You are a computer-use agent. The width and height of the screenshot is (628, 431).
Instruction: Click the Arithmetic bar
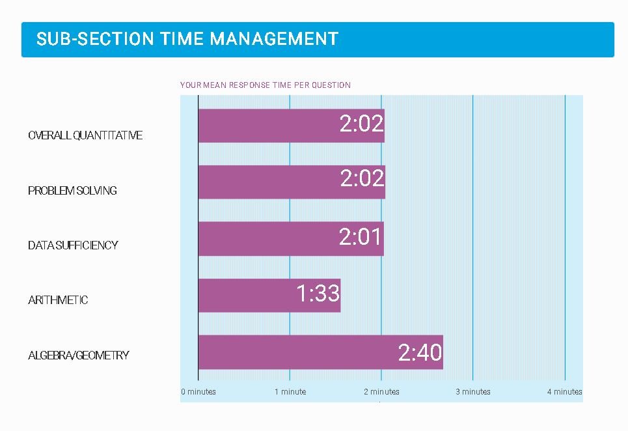(x=269, y=295)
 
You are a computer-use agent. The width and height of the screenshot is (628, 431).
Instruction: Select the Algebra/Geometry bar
(x=321, y=352)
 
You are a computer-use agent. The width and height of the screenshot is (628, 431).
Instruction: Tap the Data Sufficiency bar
(x=291, y=239)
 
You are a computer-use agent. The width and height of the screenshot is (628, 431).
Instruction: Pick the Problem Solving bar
(x=292, y=182)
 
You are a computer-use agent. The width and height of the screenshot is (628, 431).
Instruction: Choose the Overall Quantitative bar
(x=292, y=126)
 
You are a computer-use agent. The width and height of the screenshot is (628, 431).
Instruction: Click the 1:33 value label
(x=318, y=293)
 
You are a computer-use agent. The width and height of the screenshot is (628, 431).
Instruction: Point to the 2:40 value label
(x=420, y=352)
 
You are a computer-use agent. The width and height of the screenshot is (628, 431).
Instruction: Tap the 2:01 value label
(x=360, y=236)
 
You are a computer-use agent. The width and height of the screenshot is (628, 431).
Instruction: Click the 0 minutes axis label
(x=198, y=392)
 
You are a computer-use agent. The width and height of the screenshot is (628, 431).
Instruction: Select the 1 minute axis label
(x=290, y=392)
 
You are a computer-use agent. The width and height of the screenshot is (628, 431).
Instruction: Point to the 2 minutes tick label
(x=382, y=392)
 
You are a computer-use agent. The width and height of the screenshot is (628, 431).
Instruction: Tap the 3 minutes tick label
(x=473, y=392)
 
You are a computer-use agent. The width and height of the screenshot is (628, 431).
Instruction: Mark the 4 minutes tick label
(x=565, y=392)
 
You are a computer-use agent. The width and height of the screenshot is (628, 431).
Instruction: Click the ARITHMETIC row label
(x=58, y=300)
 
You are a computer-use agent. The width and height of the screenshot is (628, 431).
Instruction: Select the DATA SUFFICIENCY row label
(x=73, y=245)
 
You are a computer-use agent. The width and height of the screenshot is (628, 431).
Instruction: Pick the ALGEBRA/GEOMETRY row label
(x=79, y=355)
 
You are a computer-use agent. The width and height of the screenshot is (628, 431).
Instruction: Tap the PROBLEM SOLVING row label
(x=72, y=190)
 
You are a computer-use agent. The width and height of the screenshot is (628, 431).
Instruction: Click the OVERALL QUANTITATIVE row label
(x=85, y=135)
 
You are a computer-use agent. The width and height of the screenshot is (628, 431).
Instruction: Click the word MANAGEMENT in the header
(x=275, y=39)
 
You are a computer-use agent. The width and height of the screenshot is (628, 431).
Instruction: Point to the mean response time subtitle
(x=266, y=85)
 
